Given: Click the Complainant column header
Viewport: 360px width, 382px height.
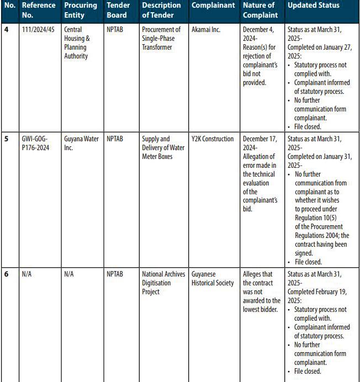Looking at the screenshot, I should [214, 6].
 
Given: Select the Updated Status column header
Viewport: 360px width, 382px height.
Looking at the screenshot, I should [314, 6].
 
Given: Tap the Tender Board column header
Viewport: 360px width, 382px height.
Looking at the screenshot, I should [118, 10].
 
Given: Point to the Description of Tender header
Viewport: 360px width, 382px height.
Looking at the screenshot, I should [161, 10].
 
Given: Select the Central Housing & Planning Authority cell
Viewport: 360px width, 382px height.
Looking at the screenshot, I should [77, 43].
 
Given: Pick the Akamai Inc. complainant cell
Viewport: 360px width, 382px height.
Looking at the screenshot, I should [206, 30].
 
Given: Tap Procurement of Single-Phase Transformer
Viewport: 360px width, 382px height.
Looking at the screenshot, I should [161, 39].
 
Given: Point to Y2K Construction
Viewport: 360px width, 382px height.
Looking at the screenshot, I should [213, 139].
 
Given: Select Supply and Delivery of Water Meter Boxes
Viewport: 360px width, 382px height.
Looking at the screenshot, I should [163, 148].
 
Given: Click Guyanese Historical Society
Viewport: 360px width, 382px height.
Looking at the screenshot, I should [213, 279].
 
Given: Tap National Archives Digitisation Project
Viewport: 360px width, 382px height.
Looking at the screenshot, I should [163, 283].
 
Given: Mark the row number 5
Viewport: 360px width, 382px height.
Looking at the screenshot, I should [6, 139].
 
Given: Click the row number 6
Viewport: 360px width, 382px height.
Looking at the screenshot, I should [6, 274].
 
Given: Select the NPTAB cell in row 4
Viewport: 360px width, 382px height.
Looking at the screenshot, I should [115, 30].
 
